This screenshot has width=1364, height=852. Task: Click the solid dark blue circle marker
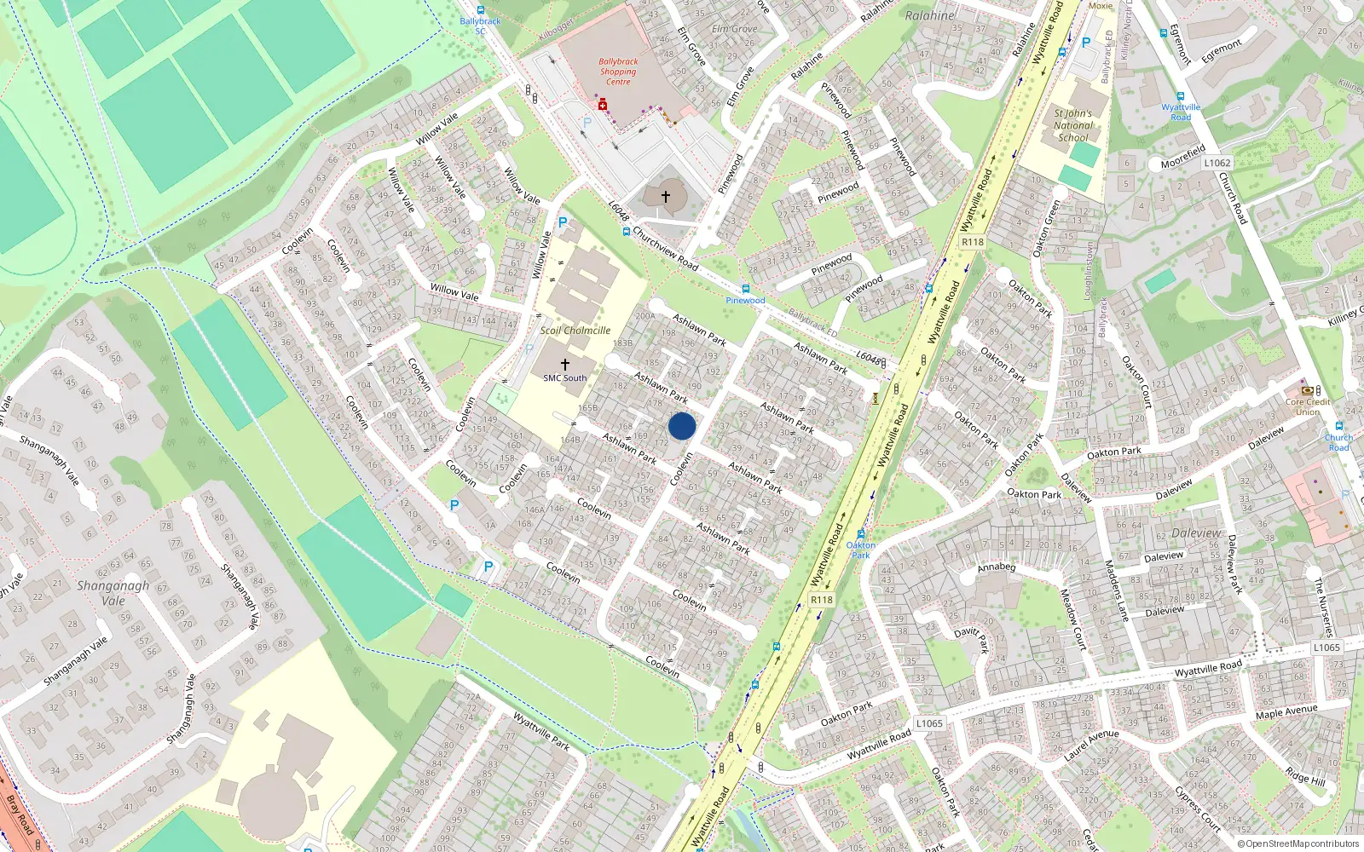682,425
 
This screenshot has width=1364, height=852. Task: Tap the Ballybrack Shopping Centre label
618,72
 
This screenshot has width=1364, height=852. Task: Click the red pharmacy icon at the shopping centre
603,105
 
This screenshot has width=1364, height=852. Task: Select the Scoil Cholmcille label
575,331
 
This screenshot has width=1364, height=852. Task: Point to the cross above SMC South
564,364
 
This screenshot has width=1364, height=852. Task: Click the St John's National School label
1072,125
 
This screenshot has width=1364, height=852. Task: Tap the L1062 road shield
1217,163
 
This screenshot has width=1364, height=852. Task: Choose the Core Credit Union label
1308,406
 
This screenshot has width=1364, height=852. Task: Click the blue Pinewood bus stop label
745,301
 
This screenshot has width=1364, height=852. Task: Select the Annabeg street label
996,567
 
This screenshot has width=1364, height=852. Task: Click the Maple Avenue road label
1286,711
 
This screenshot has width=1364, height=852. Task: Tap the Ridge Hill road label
1305,776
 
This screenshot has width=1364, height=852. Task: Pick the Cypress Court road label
1197,807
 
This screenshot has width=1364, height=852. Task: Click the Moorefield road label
1182,158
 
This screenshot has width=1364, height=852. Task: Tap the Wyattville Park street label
540,732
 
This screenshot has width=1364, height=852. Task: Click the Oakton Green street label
1046,228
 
